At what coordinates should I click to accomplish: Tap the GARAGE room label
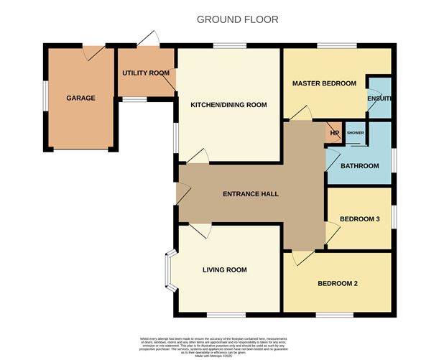coord(81,98)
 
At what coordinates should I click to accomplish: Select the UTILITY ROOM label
coord(146,73)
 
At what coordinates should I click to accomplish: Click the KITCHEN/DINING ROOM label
coord(228,105)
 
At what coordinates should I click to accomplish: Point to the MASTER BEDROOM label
coord(324,83)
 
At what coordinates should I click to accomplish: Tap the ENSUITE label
coord(379,98)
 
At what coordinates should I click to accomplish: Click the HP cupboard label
coord(334,133)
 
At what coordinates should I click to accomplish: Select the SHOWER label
coord(356,133)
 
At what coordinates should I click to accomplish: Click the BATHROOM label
coord(359,166)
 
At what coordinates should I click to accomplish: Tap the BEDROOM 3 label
coord(359,219)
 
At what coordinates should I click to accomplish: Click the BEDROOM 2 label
coord(338,283)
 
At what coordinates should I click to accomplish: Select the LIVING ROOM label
coord(224,270)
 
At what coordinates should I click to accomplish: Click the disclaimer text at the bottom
coord(219,343)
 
